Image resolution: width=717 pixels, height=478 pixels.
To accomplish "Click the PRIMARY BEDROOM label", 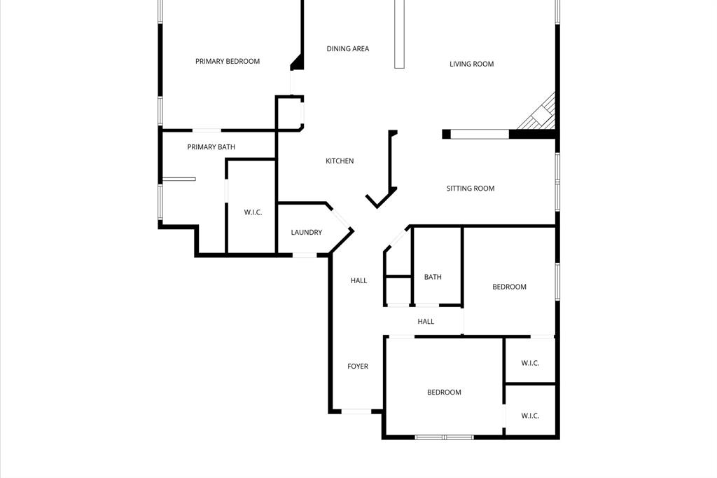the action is (x=228, y=62).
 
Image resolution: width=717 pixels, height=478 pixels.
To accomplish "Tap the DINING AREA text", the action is (x=347, y=48).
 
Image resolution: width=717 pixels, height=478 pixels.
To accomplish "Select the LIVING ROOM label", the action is (x=471, y=64).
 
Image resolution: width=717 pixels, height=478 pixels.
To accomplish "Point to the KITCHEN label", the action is (x=340, y=161).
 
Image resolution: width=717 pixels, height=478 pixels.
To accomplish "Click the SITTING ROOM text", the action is (x=470, y=188).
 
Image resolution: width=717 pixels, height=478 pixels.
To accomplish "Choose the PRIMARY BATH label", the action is (x=211, y=147).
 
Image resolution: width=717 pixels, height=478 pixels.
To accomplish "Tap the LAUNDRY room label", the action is (x=307, y=233).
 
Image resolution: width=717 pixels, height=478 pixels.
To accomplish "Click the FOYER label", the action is (x=358, y=367).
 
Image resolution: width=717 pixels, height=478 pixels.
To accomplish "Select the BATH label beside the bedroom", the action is (x=433, y=277).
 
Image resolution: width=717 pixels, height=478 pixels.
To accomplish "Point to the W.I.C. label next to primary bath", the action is (x=253, y=212).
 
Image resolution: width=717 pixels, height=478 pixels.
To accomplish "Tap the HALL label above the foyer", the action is (x=358, y=280).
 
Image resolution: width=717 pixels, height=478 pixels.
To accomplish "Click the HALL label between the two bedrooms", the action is (x=426, y=322).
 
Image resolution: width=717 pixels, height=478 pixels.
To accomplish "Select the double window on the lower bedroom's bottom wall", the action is (x=445, y=437).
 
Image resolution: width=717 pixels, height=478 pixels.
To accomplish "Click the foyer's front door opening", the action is (x=356, y=411).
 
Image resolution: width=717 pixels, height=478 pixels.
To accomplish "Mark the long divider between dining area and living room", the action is (x=400, y=34).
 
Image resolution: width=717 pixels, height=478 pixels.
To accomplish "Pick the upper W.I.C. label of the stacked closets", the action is (x=530, y=364).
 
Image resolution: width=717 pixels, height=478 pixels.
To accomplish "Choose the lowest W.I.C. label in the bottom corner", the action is (x=530, y=416).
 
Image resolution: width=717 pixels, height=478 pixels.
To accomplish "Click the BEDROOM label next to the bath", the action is (x=509, y=287).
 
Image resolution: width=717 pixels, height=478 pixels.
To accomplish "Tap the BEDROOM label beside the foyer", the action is (x=444, y=392).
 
